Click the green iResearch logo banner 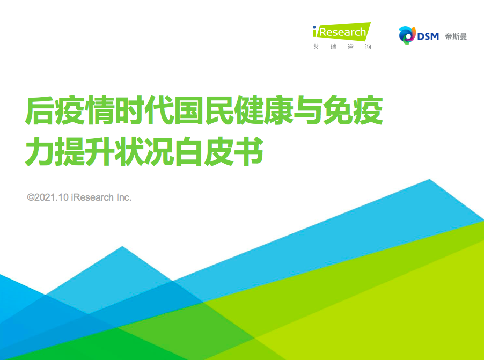pyautogui.click(x=342, y=32)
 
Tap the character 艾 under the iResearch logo pyautogui.click(x=316, y=47)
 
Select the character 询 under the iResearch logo pyautogui.click(x=368, y=47)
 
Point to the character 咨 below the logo pyautogui.click(x=350, y=47)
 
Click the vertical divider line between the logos pyautogui.click(x=386, y=36)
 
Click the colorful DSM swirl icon pyautogui.click(x=407, y=35)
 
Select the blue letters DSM pyautogui.click(x=428, y=36)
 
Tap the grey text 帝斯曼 pyautogui.click(x=456, y=36)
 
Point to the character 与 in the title pyautogui.click(x=309, y=111)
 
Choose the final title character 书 pyautogui.click(x=249, y=152)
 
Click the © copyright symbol pyautogui.click(x=31, y=197)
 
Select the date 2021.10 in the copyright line pyautogui.click(x=51, y=197)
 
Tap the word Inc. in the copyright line pyautogui.click(x=124, y=197)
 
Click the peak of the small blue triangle pyautogui.click(x=122, y=246)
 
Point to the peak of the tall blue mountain pyautogui.click(x=429, y=179)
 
